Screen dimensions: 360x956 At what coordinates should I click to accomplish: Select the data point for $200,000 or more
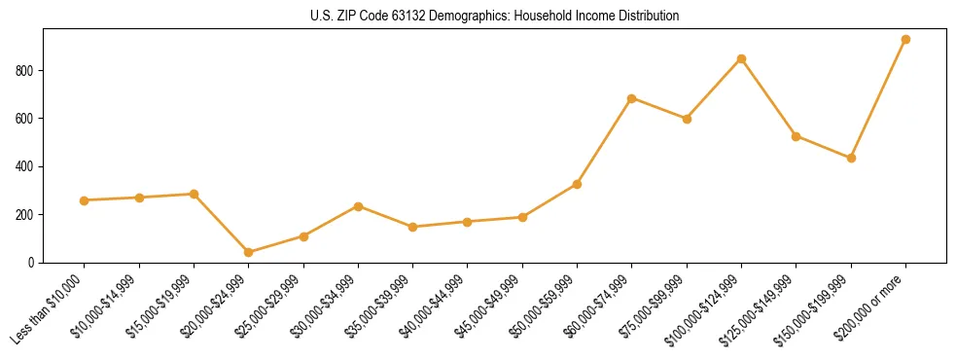tap(905, 40)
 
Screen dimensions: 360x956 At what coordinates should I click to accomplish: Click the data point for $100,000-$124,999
tap(741, 58)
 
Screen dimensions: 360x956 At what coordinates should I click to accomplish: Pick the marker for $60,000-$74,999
tap(632, 98)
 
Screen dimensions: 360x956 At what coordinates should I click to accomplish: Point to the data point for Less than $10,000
tap(85, 200)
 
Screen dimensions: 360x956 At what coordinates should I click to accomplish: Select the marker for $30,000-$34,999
tap(358, 206)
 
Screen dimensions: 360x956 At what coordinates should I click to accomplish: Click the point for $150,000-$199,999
tap(851, 158)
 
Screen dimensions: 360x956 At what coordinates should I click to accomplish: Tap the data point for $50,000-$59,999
tap(577, 184)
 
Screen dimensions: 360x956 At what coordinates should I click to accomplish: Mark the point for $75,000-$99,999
tap(687, 119)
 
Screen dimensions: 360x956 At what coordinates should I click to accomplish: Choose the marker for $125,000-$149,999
tap(796, 136)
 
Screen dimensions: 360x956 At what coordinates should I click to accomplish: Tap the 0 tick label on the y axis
tap(31, 263)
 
